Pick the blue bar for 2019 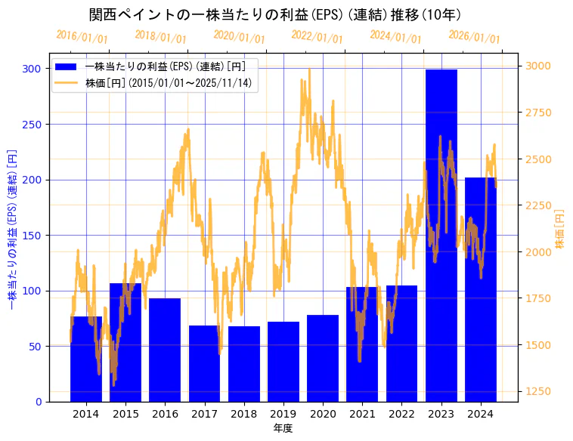(283, 362)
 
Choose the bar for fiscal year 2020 (323, 358)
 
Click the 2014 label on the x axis (85, 413)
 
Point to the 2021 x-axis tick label (362, 413)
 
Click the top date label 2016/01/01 (82, 37)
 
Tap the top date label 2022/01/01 (317, 37)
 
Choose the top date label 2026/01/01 (474, 37)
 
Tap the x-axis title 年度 (283, 428)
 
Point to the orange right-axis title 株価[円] (560, 230)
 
